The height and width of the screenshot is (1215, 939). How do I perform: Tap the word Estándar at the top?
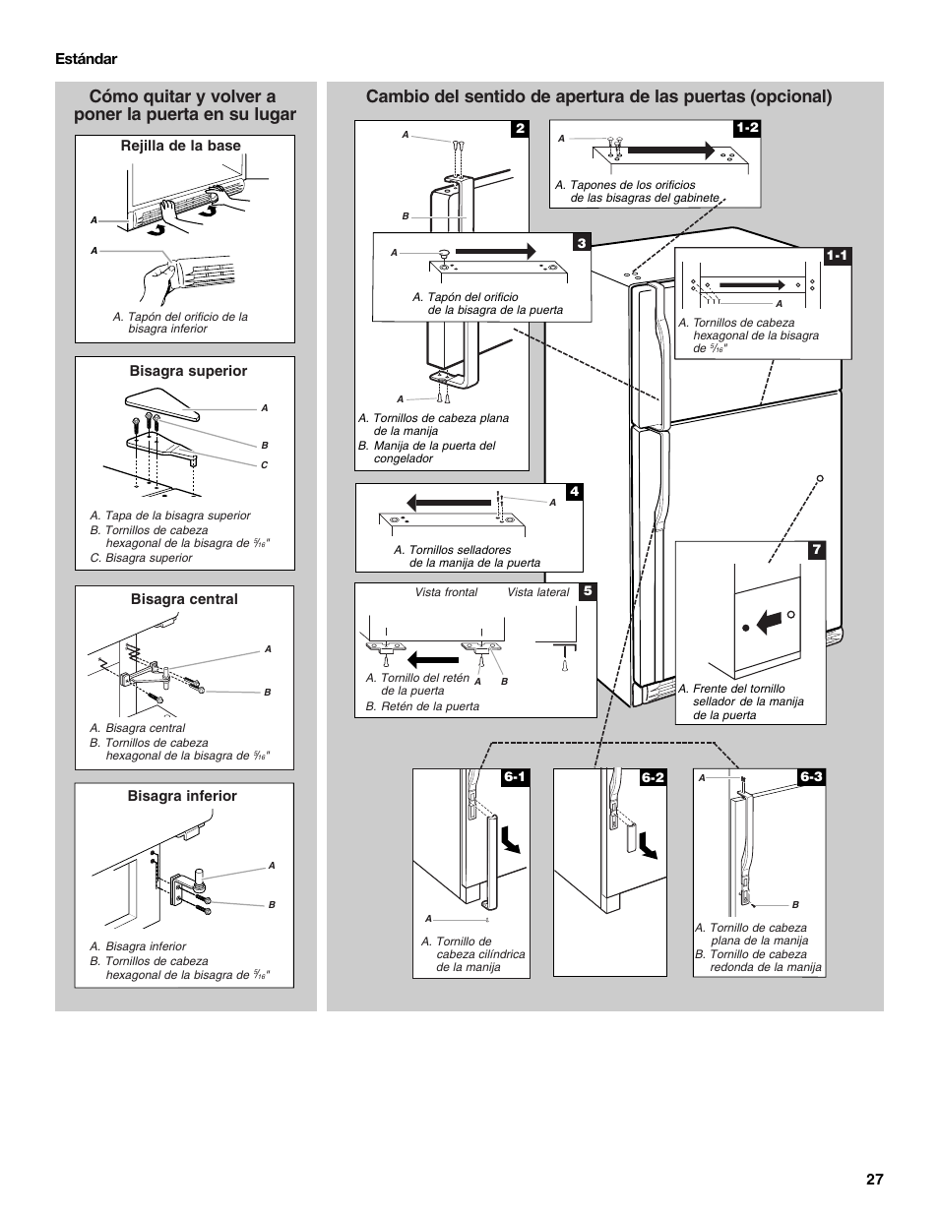click(86, 59)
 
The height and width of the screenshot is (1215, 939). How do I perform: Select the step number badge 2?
click(520, 129)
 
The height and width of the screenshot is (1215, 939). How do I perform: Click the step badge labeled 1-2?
click(747, 128)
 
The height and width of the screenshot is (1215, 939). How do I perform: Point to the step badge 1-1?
click(837, 256)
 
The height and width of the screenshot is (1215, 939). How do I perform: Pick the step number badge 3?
click(582, 242)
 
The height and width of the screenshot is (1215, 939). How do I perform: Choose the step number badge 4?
click(574, 492)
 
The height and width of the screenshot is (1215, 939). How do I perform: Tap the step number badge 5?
click(588, 591)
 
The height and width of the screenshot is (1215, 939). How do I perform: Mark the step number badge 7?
click(815, 550)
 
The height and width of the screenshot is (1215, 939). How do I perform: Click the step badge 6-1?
click(516, 777)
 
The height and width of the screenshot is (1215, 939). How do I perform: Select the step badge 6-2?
click(653, 777)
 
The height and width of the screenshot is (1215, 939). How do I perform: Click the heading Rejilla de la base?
click(180, 146)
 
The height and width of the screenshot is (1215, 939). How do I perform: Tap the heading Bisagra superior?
click(188, 371)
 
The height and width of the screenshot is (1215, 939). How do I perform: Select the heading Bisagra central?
click(184, 599)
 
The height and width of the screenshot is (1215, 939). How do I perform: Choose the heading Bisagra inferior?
click(182, 796)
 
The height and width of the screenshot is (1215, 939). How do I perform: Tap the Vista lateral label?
click(537, 592)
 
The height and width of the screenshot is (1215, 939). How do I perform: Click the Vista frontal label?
click(446, 592)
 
